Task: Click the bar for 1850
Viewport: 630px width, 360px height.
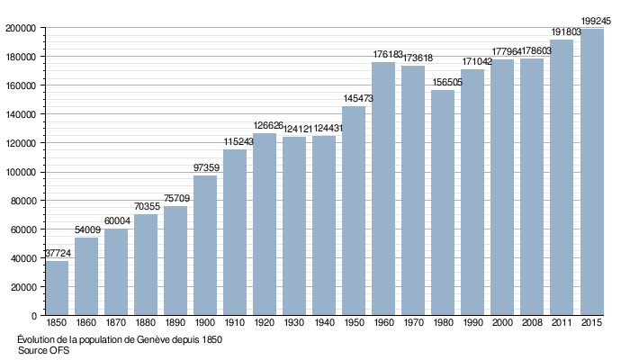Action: (x=57, y=288)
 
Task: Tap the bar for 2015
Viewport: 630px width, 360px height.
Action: (x=592, y=172)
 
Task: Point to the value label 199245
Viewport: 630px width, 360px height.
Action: (x=597, y=21)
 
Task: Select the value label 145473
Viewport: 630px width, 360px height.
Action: (x=354, y=99)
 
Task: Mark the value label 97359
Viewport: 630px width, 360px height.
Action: (x=205, y=168)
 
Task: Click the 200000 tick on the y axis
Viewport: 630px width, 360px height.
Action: (x=20, y=28)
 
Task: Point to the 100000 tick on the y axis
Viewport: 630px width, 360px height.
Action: (x=20, y=172)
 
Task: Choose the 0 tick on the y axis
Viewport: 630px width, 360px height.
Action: (x=32, y=316)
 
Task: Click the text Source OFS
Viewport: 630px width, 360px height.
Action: (x=43, y=351)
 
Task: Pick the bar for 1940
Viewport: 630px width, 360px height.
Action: (x=324, y=225)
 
